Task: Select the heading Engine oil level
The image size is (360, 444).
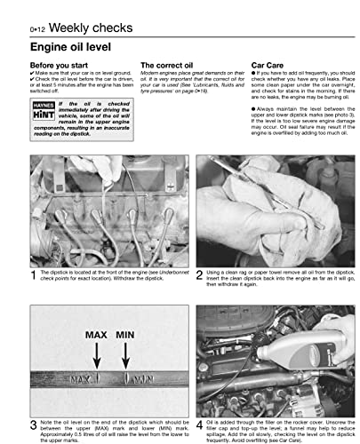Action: click(x=69, y=45)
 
